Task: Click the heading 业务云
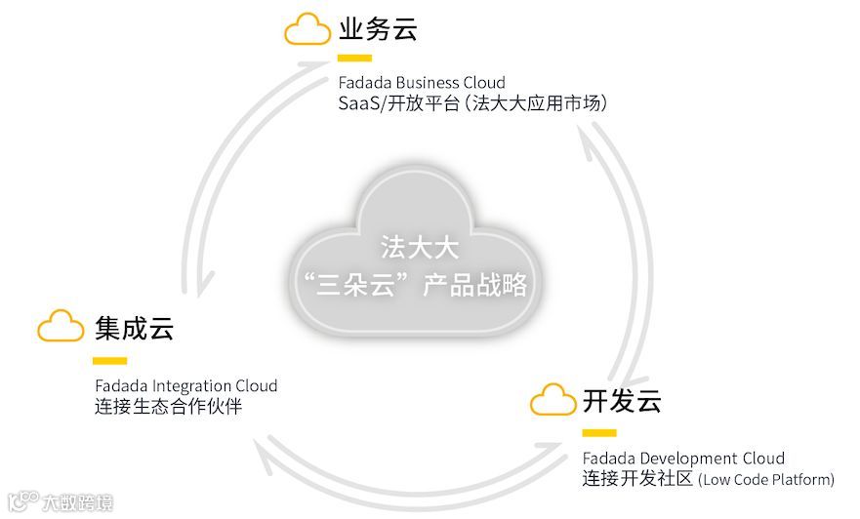378,29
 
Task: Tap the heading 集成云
134,328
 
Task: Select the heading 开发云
622,400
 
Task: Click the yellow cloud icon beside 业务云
307,29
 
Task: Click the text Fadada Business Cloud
422,83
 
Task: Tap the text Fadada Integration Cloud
185,386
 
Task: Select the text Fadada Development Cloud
683,459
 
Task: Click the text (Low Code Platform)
766,480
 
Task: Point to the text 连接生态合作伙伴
168,407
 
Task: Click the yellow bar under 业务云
353,59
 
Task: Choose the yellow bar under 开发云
599,433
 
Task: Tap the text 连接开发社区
637,479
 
